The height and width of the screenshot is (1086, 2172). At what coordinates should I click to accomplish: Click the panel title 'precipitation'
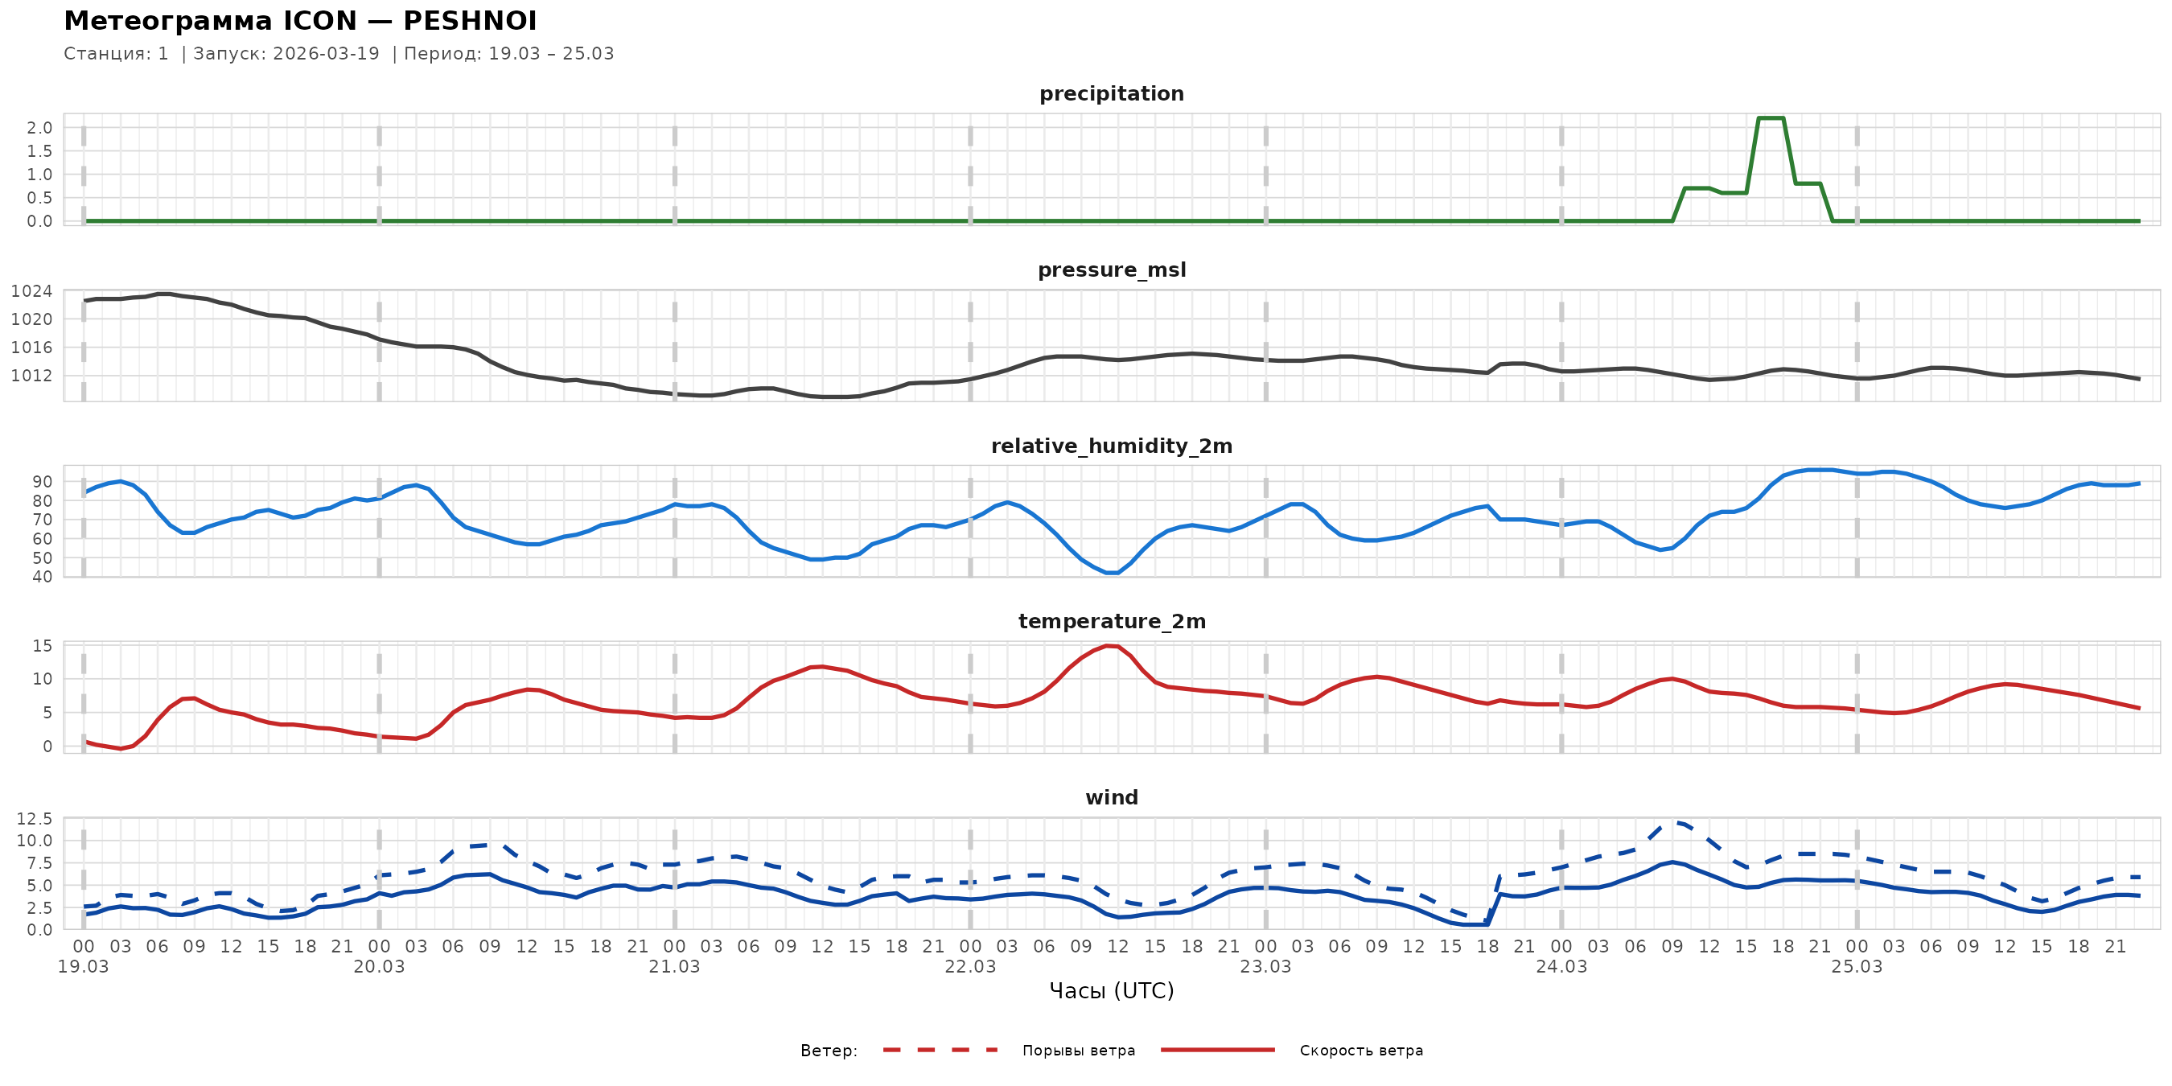1111,93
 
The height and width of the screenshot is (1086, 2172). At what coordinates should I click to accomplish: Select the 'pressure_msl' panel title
1111,269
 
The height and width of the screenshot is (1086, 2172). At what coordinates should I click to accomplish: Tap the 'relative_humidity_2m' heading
1111,446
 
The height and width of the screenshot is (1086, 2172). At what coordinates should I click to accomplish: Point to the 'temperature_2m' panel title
1111,621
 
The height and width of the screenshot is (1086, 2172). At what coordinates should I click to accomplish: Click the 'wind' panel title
1111,798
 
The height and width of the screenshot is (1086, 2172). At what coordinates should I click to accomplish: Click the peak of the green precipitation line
1771,118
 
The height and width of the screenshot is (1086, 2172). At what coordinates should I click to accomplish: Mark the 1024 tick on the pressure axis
31,292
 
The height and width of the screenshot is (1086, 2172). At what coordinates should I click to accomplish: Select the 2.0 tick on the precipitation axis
39,128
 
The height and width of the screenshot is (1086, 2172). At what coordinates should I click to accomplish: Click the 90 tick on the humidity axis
42,481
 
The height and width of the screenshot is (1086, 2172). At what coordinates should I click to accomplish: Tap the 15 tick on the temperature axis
42,646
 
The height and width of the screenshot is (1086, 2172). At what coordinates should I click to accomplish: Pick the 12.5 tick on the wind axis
35,819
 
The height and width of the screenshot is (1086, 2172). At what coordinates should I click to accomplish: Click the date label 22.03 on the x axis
969,967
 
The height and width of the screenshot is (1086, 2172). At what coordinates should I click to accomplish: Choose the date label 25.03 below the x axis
1857,967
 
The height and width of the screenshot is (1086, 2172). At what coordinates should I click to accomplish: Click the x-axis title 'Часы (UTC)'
1111,991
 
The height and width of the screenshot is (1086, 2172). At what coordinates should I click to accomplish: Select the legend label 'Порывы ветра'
1079,1051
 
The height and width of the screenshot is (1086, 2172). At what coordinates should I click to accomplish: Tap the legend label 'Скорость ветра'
1361,1051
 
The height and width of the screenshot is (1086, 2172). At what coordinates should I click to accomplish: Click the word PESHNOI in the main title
470,21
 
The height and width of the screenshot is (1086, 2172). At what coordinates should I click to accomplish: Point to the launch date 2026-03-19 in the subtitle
327,54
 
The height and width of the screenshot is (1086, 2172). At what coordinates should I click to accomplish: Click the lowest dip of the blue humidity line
1112,573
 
